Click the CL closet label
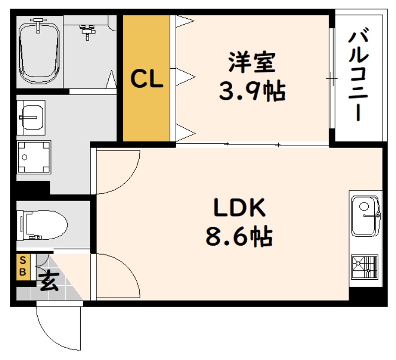147,79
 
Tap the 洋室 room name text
252,62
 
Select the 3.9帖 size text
252,91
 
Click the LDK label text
240,207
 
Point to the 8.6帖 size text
239,237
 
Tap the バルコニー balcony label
358,76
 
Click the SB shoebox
23,267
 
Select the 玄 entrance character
49,281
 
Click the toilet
42,225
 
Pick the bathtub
40,53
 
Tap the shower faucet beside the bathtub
88,32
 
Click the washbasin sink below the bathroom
31,117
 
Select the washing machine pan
34,157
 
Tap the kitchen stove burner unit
365,267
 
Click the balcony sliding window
332,79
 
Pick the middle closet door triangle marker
186,77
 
